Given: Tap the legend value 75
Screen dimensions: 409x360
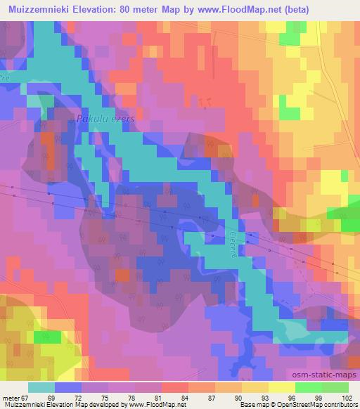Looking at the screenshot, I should point(105,398).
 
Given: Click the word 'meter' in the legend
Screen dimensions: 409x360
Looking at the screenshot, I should point(10,398).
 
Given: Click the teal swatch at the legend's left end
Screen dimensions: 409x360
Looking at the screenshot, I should point(41,387).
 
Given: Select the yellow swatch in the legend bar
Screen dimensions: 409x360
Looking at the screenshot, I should point(281,387).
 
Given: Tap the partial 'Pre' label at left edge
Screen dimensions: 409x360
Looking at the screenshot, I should point(4,77).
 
